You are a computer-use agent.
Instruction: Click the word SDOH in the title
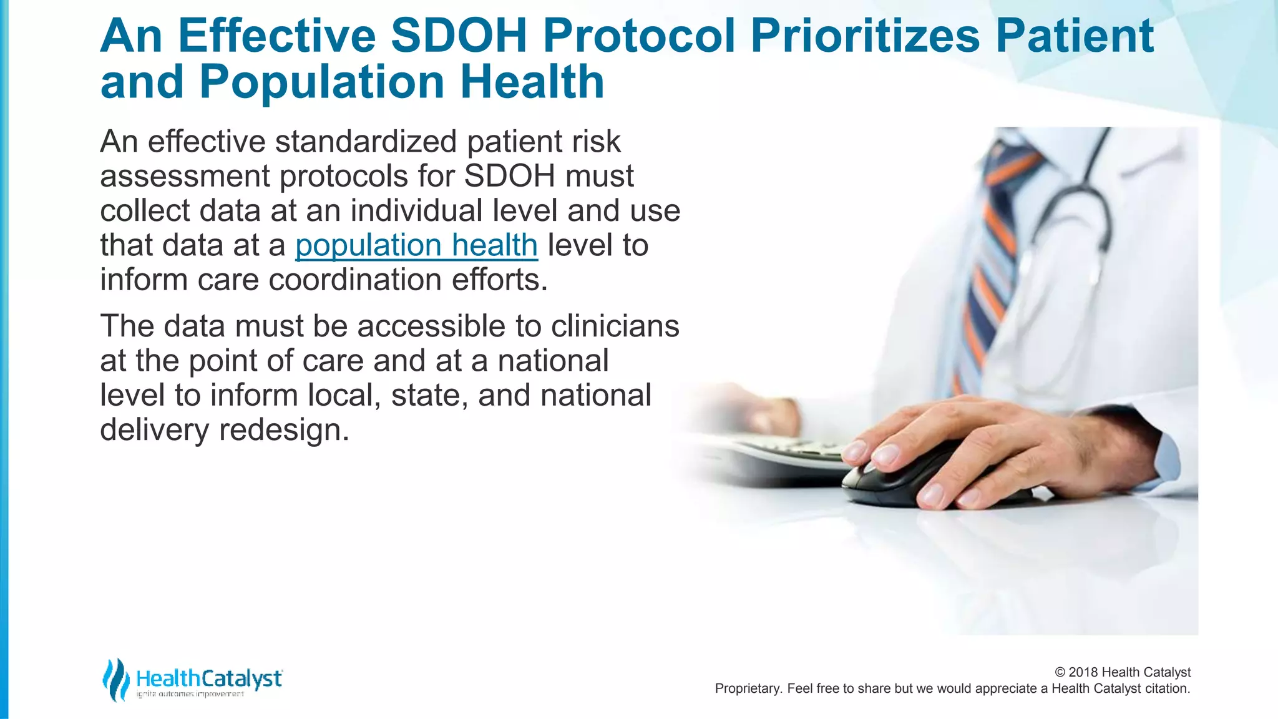coord(459,36)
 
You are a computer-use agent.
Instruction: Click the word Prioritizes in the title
coord(864,36)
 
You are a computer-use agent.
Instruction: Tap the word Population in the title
coord(321,82)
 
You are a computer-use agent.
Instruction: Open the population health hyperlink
coord(416,245)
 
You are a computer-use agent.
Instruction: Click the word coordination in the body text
coord(354,280)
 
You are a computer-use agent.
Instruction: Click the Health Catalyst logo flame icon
coord(115,680)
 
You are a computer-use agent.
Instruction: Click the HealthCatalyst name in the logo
coord(209,678)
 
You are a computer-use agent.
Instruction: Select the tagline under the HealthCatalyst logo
coord(190,694)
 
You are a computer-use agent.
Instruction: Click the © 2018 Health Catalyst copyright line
coord(1122,672)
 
